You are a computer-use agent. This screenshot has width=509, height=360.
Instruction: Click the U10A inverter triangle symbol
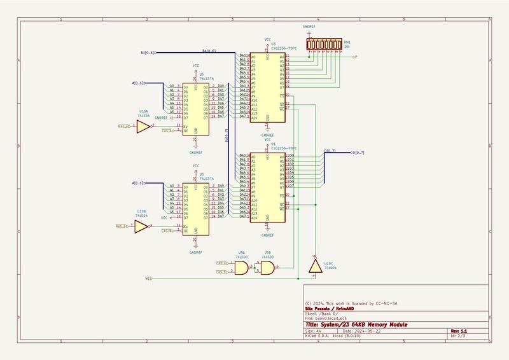[143, 127]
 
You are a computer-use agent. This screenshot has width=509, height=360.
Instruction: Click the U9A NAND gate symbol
[242, 269]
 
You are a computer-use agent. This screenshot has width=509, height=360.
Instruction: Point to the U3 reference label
[273, 44]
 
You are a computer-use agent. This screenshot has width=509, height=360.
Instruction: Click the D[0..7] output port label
[359, 152]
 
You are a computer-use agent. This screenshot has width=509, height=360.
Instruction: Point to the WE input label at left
[149, 279]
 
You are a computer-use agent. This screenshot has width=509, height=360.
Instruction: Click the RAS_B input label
[122, 226]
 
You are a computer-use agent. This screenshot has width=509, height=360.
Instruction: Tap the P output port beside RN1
[355, 57]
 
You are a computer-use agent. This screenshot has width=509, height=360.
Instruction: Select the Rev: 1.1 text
[459, 331]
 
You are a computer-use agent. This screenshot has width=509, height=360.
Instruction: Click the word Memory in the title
[375, 325]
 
